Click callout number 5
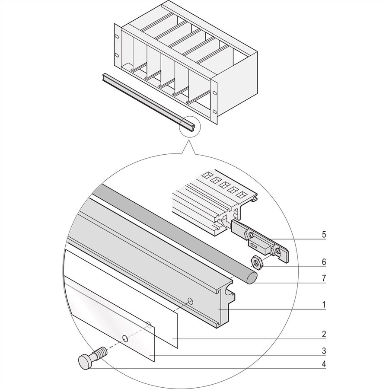coord(324,235)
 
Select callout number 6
coord(324,262)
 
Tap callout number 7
coord(324,278)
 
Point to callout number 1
coord(324,304)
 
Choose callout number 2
coord(324,334)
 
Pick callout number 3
coord(324,351)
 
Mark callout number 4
coord(324,364)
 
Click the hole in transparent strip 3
coord(125,338)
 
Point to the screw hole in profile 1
coord(190,301)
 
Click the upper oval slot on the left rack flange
coord(117,36)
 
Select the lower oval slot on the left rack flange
coord(117,55)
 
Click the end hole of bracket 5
coord(278,252)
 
